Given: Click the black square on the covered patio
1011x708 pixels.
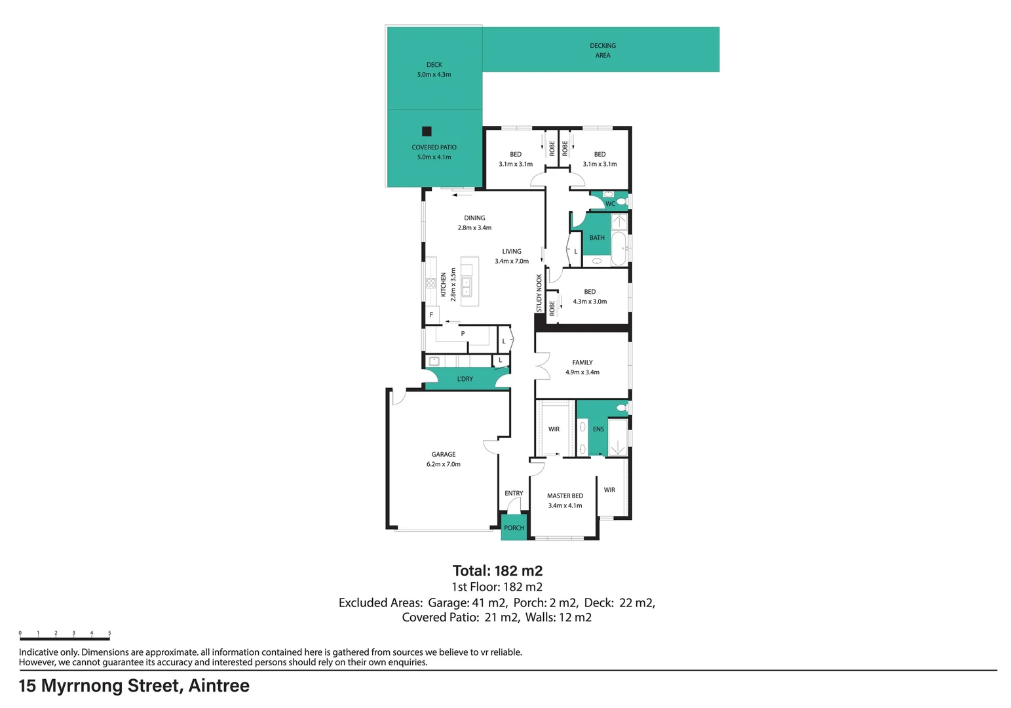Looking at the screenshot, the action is tap(427, 131).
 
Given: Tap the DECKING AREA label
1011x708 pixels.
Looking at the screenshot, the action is tap(603, 50).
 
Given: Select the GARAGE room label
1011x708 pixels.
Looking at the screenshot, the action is tap(443, 454).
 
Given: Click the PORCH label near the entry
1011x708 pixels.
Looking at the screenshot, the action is tap(514, 527).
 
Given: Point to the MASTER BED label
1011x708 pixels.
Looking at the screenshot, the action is tap(565, 496).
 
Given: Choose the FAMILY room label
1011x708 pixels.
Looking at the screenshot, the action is tap(582, 362).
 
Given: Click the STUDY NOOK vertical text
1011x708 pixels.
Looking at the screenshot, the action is tap(539, 293).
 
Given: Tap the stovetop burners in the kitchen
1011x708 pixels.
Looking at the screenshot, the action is tap(431, 283).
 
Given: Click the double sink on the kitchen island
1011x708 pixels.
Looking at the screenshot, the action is tap(467, 287).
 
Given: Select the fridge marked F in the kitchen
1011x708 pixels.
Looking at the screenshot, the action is tap(432, 314).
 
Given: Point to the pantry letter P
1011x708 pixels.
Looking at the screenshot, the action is tap(463, 334).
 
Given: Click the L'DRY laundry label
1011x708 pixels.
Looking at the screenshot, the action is tap(465, 379).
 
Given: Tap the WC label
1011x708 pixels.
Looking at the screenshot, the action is tap(610, 204).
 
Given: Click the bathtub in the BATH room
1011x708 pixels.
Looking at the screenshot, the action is tap(619, 248).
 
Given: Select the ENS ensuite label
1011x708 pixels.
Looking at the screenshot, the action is tap(598, 429).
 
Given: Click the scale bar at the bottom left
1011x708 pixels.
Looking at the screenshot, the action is tap(65, 639).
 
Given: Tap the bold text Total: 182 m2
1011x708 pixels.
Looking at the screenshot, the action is tap(497, 571).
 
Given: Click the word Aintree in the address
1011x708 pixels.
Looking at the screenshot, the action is tap(219, 686).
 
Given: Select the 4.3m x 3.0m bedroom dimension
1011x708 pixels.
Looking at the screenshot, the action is tap(590, 302).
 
